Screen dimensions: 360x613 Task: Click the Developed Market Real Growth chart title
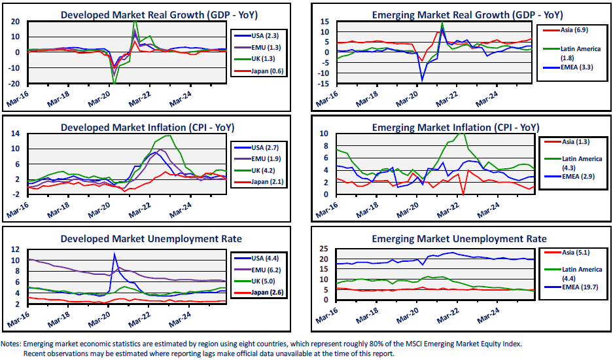point(148,15)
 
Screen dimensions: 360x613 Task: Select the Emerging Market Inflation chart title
point(455,127)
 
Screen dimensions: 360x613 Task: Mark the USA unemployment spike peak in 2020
point(114,254)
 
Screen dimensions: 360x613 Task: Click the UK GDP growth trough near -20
point(114,83)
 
